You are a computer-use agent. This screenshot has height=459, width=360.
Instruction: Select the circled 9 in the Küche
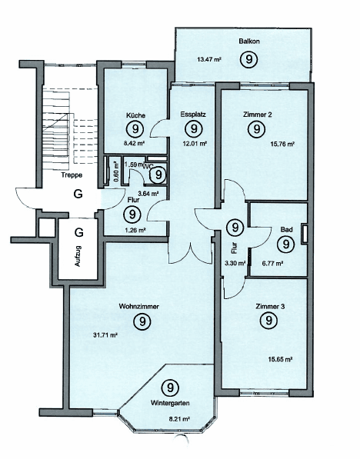tap(136, 129)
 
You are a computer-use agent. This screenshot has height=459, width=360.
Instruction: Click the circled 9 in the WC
tap(158, 175)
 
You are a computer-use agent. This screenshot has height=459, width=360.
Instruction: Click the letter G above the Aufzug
tap(78, 231)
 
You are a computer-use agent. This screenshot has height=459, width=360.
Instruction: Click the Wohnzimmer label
tap(139, 306)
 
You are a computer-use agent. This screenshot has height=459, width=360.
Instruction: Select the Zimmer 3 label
tap(268, 306)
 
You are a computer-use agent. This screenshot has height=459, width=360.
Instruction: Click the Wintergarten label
tap(171, 403)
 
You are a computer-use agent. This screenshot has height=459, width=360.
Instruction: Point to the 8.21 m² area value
tap(178, 420)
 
